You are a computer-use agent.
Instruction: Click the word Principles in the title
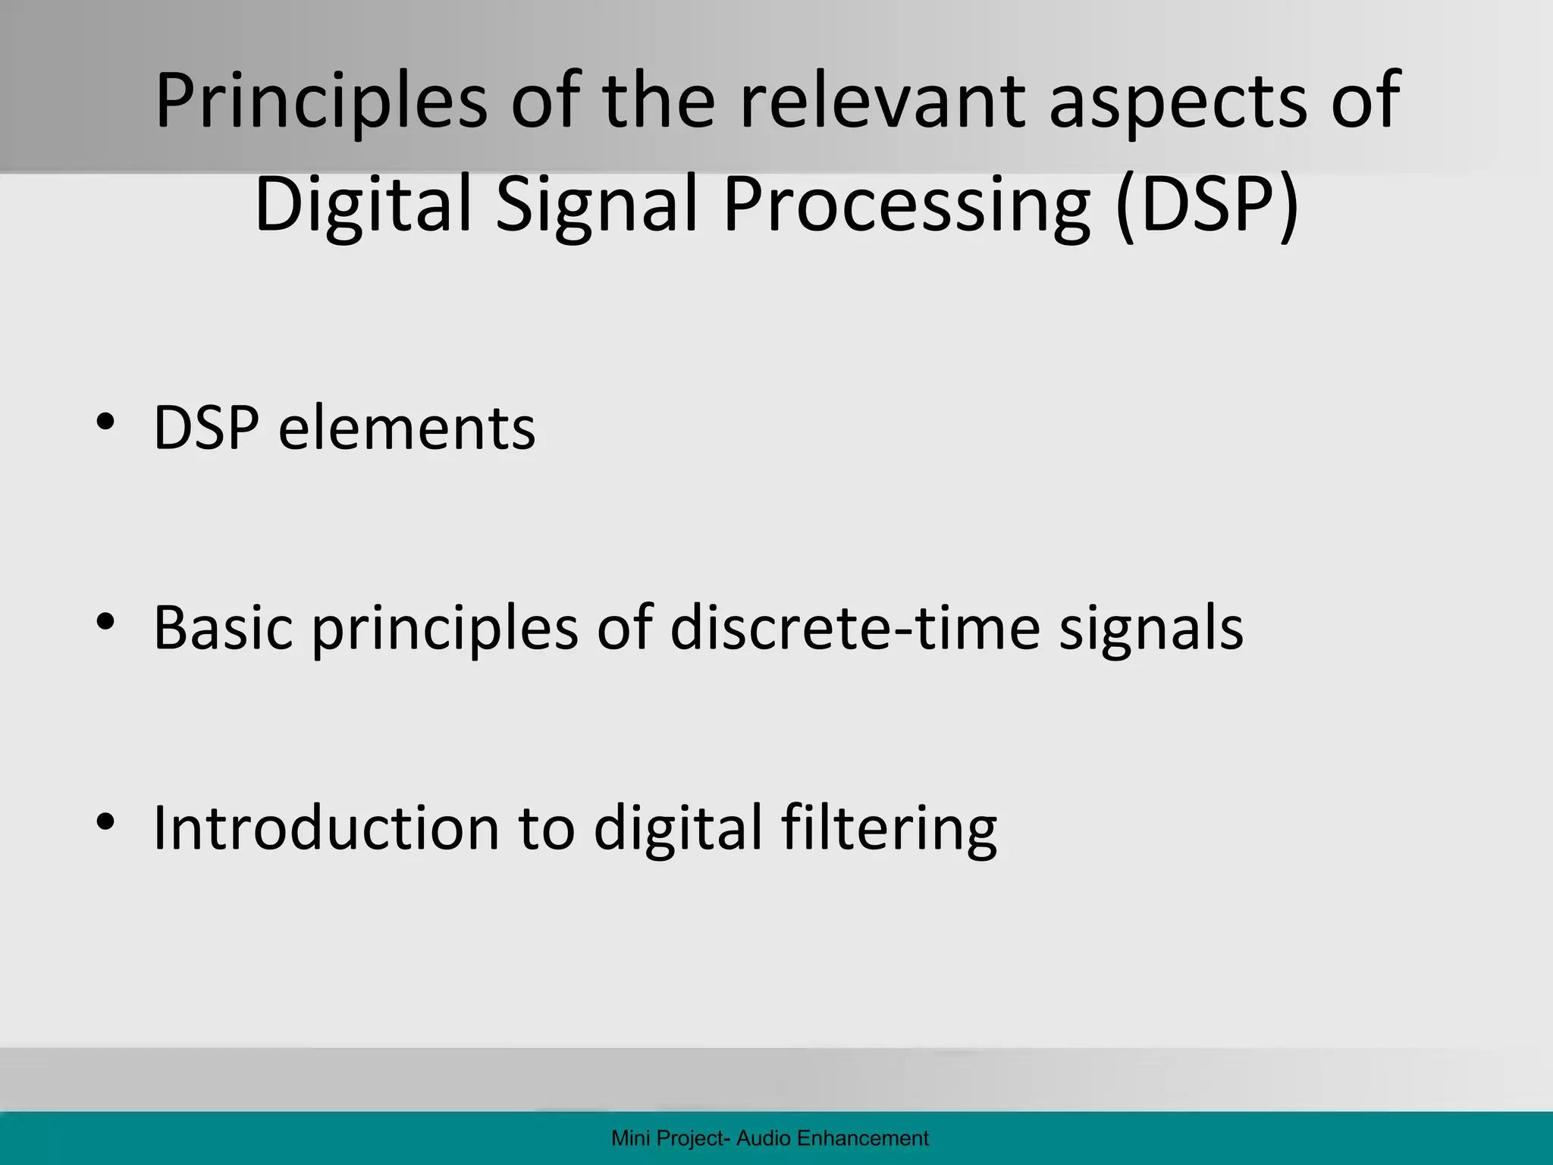(322, 101)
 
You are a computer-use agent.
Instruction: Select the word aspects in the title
(1178, 101)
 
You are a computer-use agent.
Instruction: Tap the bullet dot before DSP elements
(105, 422)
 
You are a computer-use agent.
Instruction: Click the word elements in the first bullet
(406, 429)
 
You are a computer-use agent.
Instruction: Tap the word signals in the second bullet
(1151, 628)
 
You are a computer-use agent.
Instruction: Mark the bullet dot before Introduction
(105, 821)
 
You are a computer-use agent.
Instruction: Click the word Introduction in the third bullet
(326, 828)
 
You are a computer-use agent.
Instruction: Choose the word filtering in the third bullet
(889, 828)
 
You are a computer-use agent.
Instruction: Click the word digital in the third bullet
(677, 828)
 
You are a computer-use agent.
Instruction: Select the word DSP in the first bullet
(206, 429)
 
